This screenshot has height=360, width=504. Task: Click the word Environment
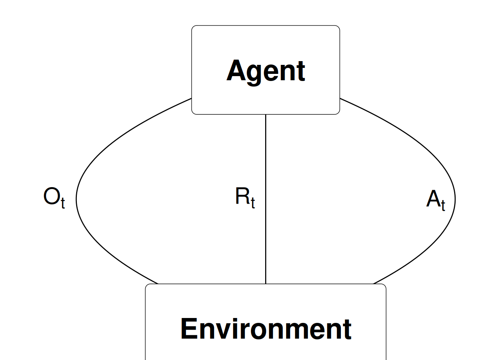click(266, 329)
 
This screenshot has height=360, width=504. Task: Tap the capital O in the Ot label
click(52, 196)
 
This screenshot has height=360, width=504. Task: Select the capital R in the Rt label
click(243, 196)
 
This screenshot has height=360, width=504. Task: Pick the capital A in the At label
click(433, 198)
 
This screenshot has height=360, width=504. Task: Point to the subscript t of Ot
click(63, 203)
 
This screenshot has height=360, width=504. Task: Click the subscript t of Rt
click(253, 203)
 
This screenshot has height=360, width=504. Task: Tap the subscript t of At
click(443, 205)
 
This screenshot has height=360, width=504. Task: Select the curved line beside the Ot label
click(76, 199)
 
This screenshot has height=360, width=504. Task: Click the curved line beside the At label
click(455, 199)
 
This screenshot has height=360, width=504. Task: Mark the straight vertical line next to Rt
click(266, 199)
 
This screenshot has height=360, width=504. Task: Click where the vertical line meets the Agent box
click(266, 114)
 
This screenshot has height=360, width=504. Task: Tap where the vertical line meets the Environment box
click(266, 284)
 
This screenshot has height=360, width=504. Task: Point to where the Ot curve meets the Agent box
click(192, 98)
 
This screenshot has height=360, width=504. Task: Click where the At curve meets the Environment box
click(373, 284)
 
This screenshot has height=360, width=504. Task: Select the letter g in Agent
click(254, 74)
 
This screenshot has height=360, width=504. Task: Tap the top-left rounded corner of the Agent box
click(193, 27)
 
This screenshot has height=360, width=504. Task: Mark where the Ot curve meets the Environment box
click(158, 284)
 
